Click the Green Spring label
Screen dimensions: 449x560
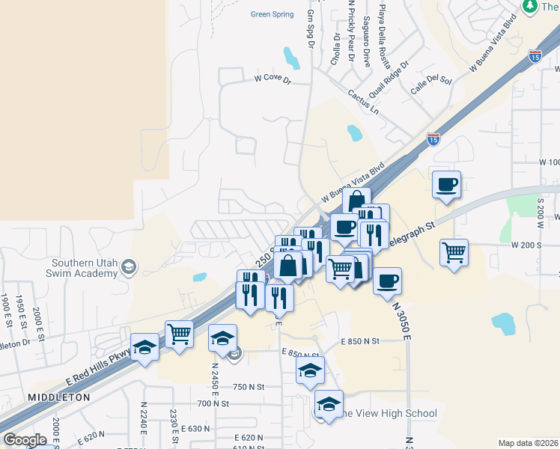273,13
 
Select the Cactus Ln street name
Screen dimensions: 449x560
364,102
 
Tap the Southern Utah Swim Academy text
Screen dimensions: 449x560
84,268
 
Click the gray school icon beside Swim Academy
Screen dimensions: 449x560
129,266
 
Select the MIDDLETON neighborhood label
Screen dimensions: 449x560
59,397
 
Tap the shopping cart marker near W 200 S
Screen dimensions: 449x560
454,253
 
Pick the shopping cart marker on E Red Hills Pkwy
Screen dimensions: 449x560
179,335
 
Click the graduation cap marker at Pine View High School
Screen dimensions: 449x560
329,404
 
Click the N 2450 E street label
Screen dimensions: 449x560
215,381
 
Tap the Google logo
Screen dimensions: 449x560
24,440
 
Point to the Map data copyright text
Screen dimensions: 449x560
528,443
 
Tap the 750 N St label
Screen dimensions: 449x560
249,387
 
